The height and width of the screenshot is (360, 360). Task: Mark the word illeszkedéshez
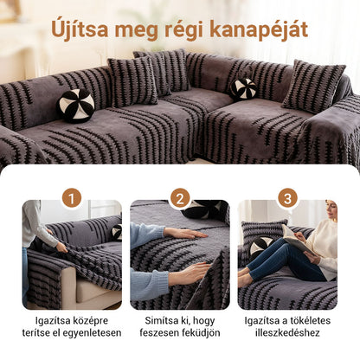(288, 332)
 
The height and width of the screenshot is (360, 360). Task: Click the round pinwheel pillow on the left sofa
(76, 105)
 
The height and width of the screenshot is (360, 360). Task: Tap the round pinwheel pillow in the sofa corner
(243, 88)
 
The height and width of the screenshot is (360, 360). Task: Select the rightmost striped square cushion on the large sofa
(312, 87)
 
